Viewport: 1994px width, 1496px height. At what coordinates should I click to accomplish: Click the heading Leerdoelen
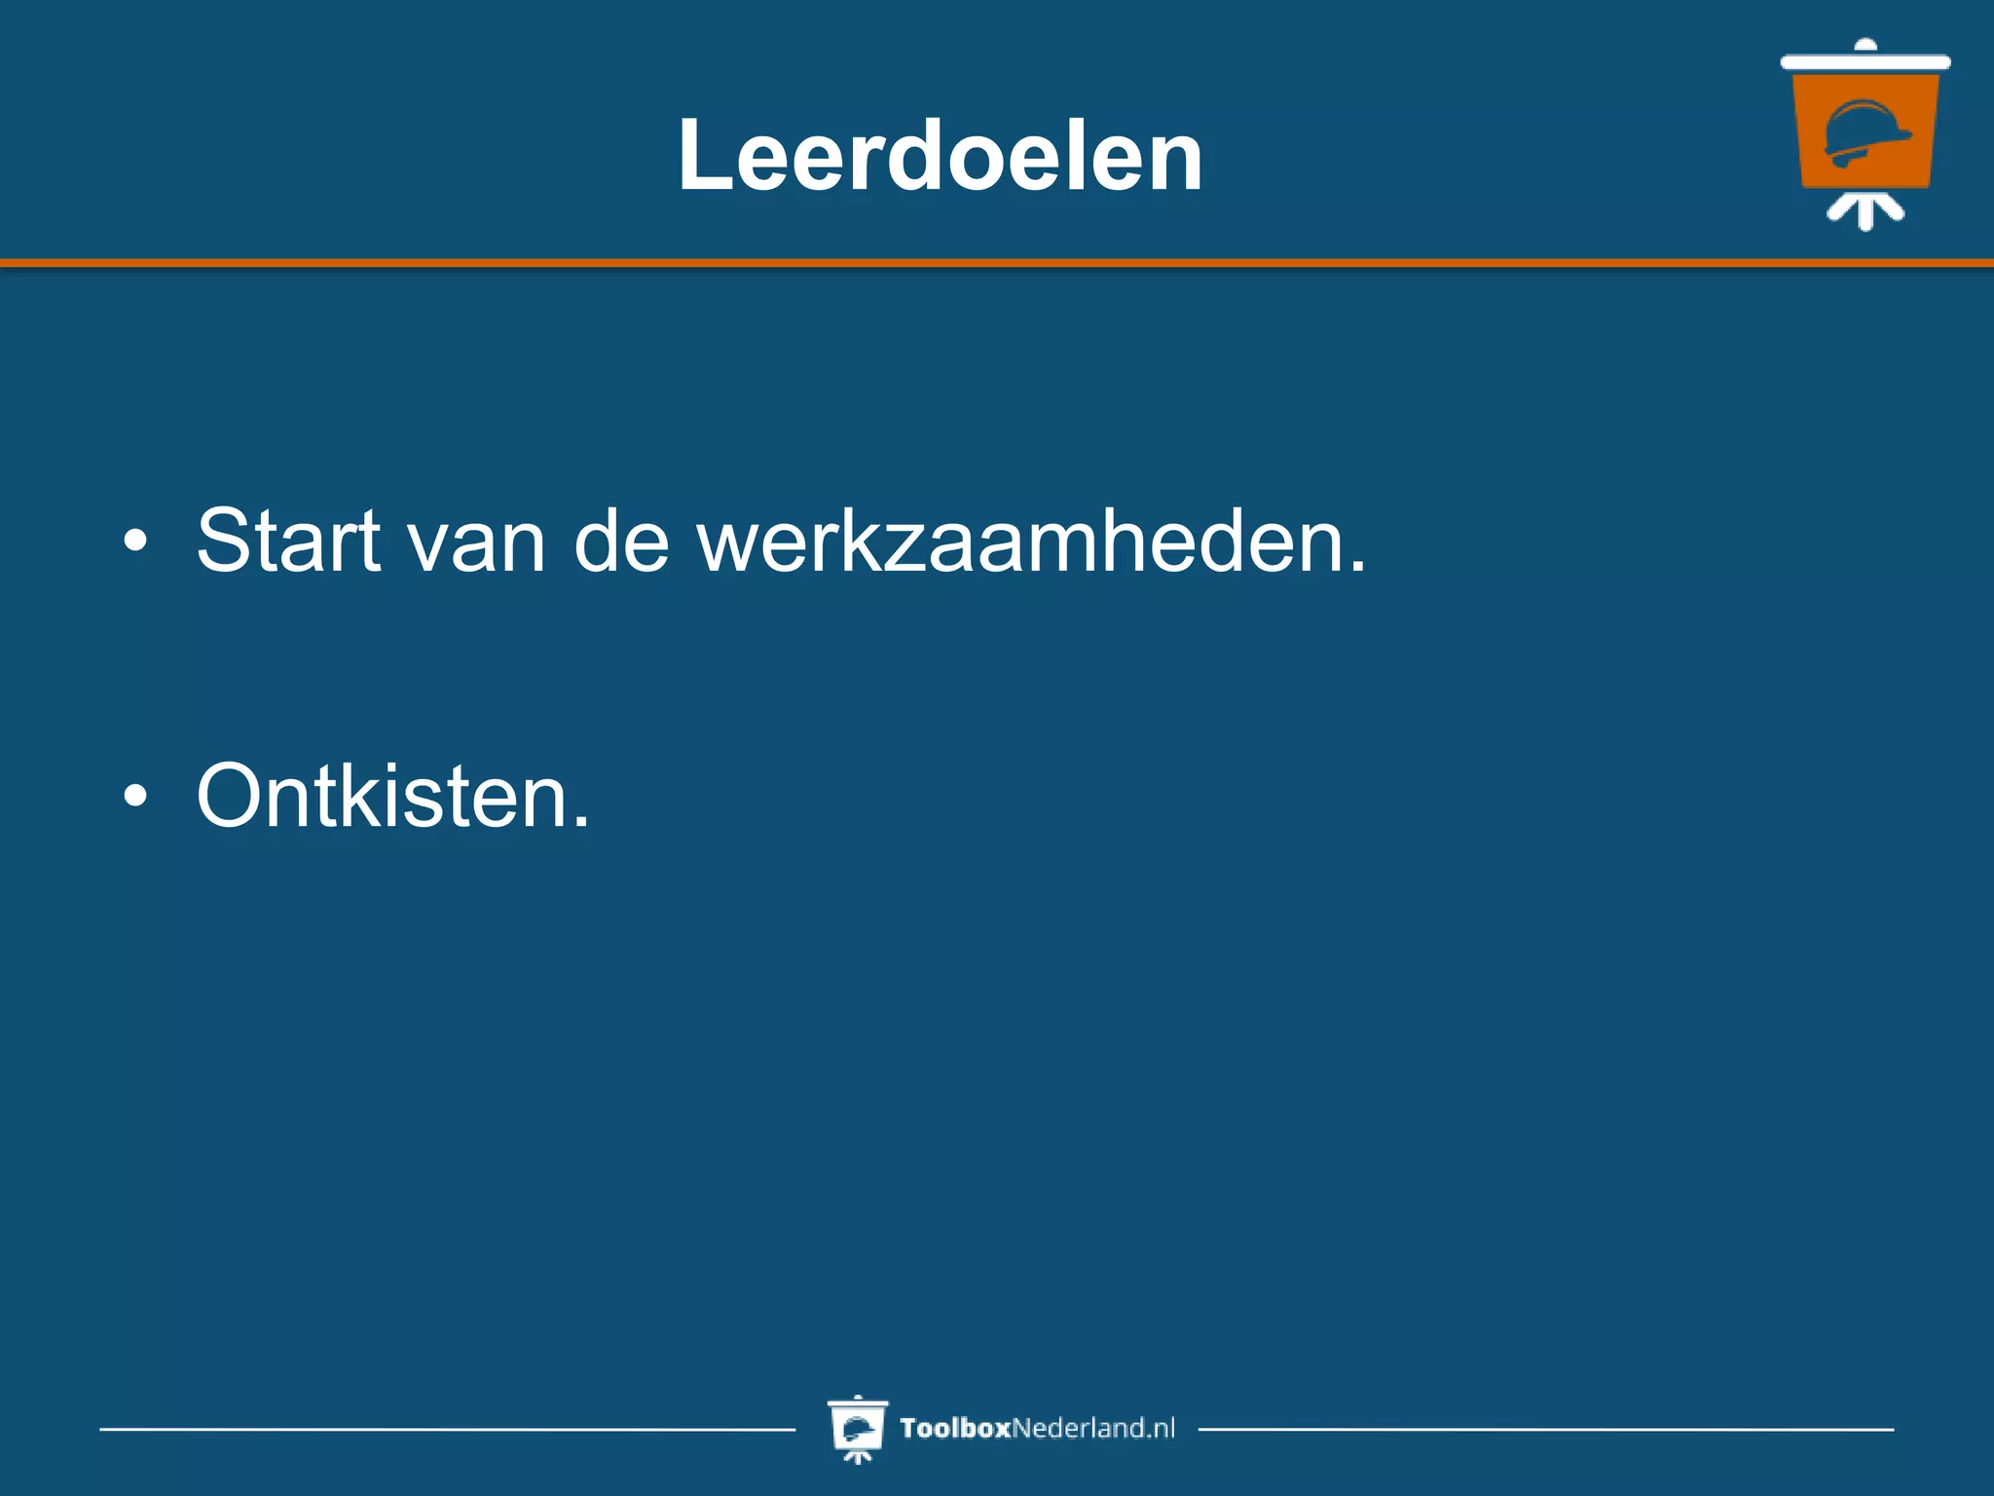[940, 156]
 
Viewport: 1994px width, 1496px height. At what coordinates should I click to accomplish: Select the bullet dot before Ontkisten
[136, 796]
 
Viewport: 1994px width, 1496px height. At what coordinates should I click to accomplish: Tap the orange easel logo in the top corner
[1865, 131]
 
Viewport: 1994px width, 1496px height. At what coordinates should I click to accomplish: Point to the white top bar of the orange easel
[1865, 62]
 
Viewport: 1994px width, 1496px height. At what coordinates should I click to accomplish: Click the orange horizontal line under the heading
[997, 263]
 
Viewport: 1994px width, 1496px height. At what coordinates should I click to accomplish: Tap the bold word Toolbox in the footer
[955, 1429]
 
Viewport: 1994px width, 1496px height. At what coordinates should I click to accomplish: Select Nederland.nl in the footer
[1093, 1429]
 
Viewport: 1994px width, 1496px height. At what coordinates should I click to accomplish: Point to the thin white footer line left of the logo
[448, 1430]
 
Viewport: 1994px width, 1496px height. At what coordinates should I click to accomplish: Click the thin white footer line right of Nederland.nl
[1546, 1430]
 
